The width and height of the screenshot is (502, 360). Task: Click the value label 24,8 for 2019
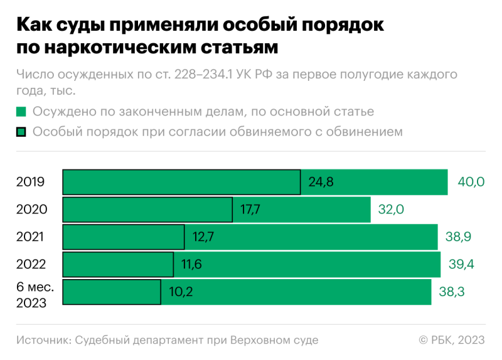point(321,183)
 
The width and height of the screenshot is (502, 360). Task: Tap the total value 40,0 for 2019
point(471,183)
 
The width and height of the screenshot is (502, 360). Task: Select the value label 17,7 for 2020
point(250,210)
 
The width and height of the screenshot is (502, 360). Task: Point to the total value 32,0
point(390,210)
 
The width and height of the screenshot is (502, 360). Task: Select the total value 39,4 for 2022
point(461,265)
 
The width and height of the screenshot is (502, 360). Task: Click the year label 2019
point(31,183)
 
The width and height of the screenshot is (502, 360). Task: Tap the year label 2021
point(31,237)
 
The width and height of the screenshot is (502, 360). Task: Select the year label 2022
point(31,265)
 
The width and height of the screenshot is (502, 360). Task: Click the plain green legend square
point(21,112)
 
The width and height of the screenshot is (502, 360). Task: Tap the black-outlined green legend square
point(21,132)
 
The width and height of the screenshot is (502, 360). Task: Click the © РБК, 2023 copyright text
point(451,340)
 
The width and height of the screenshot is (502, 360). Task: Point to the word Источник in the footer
point(43,340)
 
